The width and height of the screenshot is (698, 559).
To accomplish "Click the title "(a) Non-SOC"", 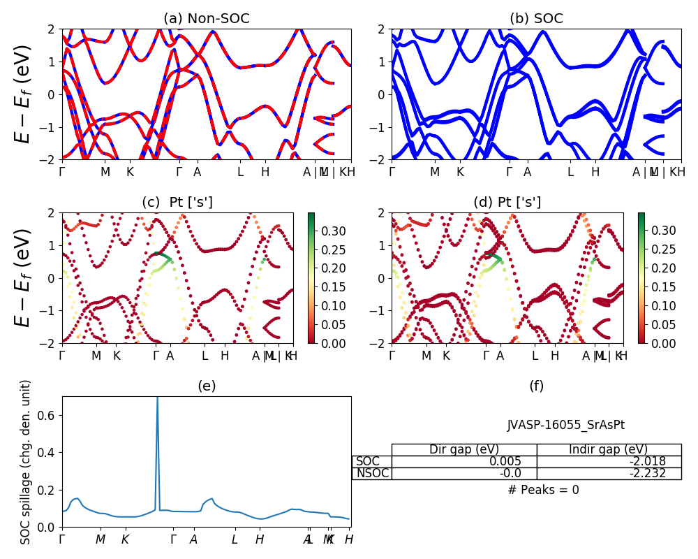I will [x=207, y=19].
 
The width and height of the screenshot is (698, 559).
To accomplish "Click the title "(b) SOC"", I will [x=536, y=19].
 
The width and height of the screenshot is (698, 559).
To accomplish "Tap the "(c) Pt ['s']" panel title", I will [x=177, y=203].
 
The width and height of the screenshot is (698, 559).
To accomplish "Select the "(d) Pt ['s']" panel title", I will [x=507, y=203].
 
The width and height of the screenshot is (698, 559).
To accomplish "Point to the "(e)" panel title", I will [x=207, y=386].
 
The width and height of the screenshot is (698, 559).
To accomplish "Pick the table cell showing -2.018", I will [x=609, y=462].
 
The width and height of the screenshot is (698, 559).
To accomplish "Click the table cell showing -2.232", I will [x=609, y=474].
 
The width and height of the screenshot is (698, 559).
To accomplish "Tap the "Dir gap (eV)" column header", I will [x=464, y=450].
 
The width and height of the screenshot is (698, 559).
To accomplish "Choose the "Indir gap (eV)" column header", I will [x=609, y=450].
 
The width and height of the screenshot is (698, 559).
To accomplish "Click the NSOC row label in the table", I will [x=372, y=474].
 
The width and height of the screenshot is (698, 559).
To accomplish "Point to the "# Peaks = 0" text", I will [x=543, y=490].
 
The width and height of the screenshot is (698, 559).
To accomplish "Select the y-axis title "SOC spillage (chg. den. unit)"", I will [x=26, y=462].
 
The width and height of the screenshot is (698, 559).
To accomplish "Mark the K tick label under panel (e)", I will [x=125, y=539].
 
